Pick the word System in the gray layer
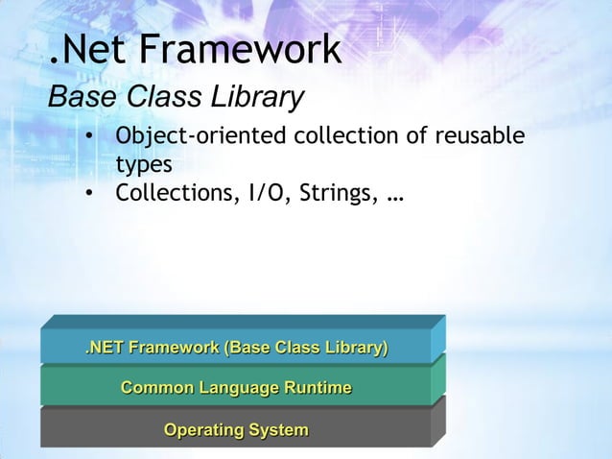pos(278,429)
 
